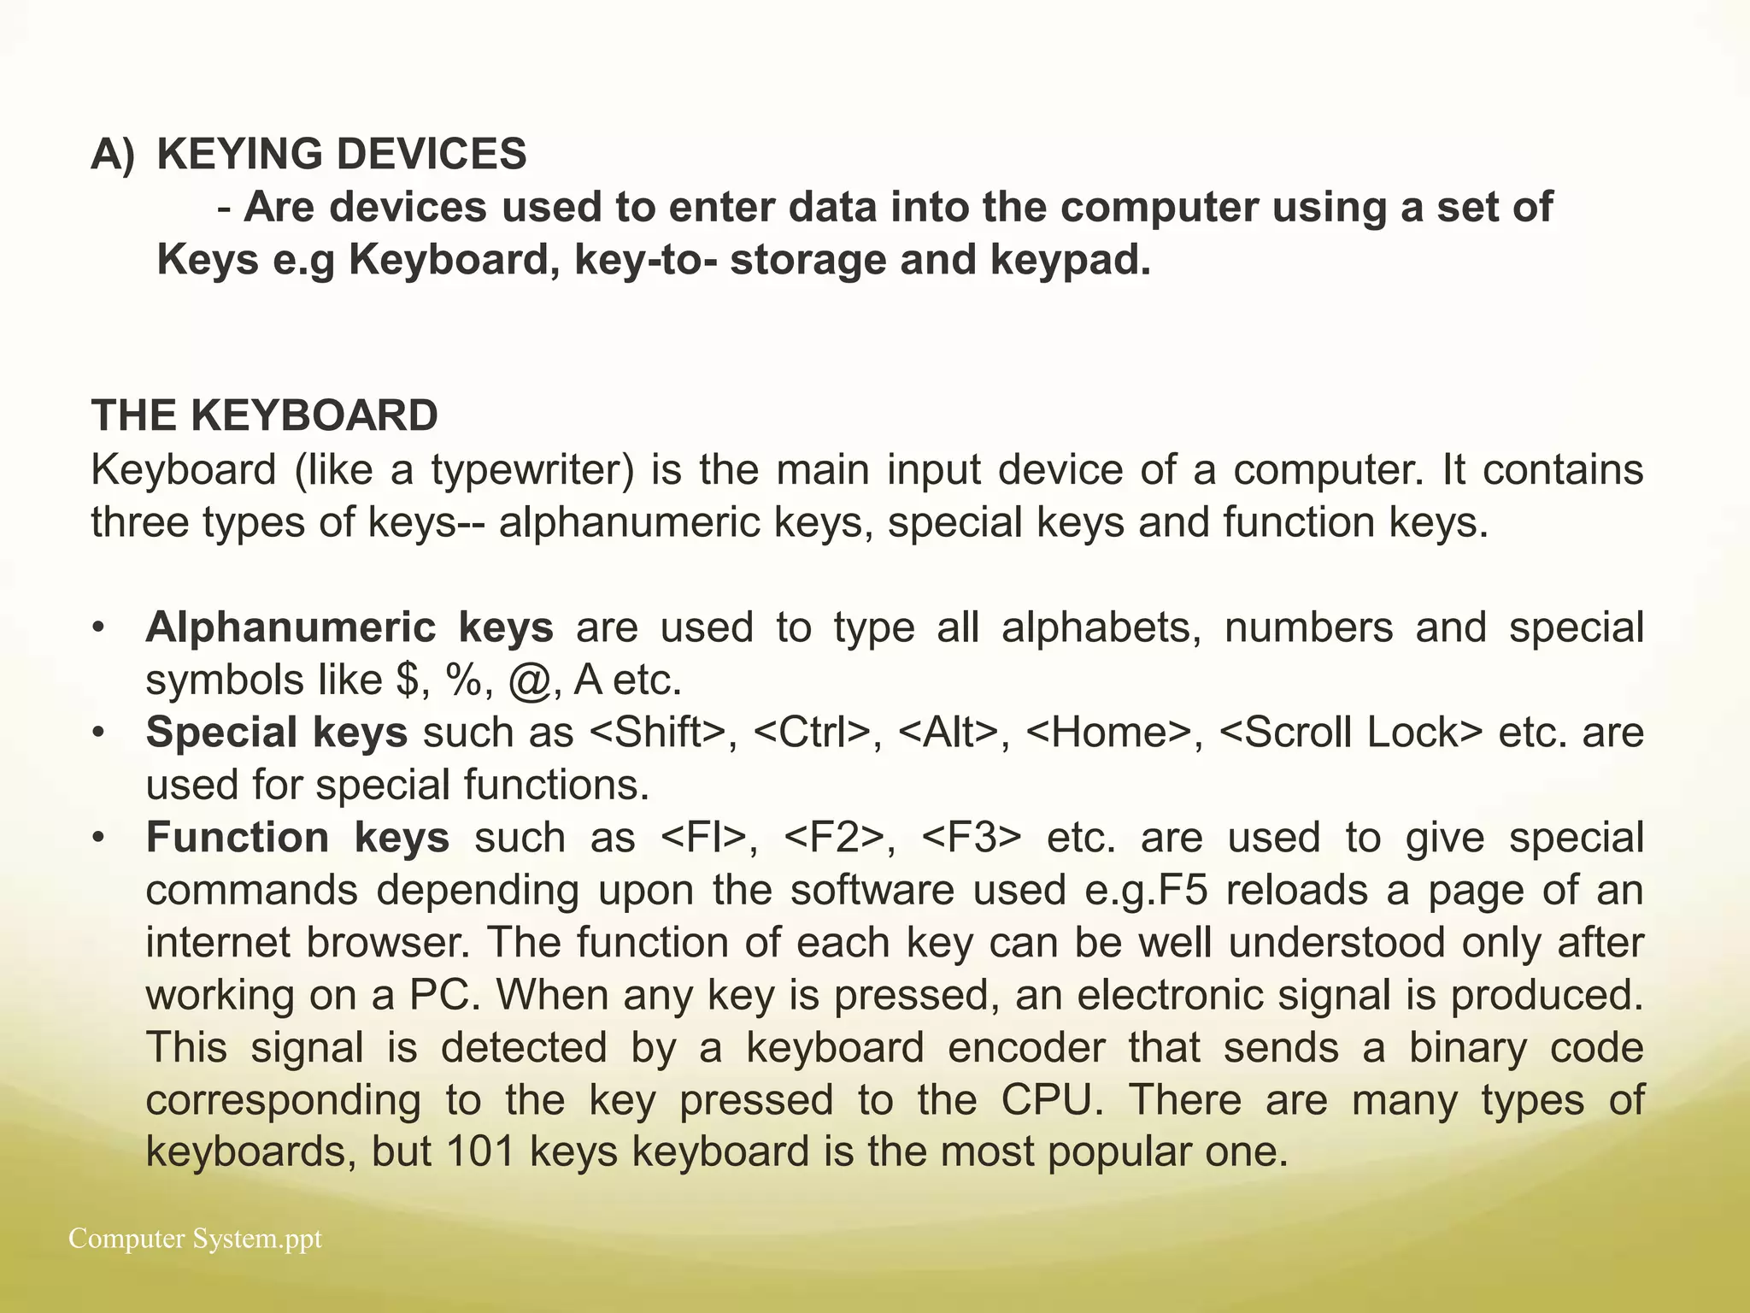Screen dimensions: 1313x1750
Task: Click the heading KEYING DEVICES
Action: pos(342,155)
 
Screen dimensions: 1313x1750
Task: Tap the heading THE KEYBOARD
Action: pos(265,416)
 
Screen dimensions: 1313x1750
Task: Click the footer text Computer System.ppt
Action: pos(195,1239)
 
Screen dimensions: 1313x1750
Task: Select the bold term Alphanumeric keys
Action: pos(349,627)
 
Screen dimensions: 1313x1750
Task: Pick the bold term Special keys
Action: pos(277,733)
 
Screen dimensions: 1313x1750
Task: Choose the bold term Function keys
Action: pos(297,838)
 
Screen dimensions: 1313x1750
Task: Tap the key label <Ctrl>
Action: pos(812,733)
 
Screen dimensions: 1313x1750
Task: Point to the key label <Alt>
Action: pos(948,733)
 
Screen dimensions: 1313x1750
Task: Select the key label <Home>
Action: pos(1108,733)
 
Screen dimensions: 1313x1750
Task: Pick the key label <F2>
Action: pos(832,838)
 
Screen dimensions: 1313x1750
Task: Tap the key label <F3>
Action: pos(972,838)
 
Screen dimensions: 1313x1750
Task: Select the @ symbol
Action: pos(529,681)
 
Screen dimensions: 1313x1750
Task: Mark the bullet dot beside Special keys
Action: pos(100,733)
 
